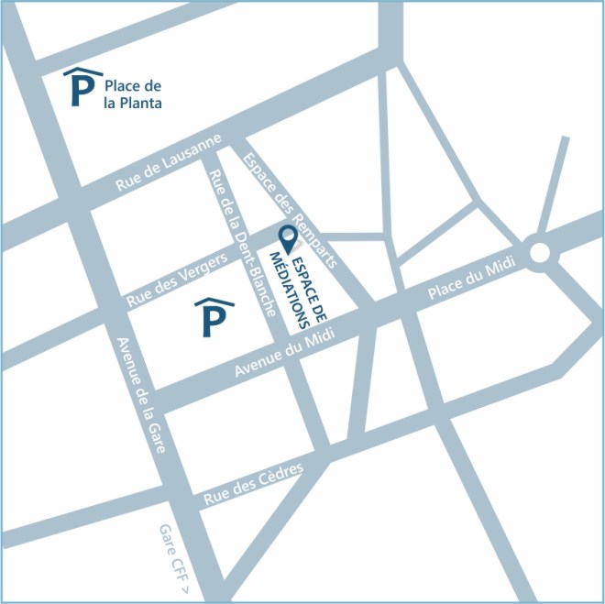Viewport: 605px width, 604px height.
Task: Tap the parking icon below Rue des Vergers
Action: point(213,316)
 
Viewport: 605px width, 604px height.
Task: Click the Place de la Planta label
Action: point(134,94)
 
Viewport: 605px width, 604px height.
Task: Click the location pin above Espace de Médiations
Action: point(289,239)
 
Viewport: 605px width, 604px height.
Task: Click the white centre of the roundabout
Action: point(539,252)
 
